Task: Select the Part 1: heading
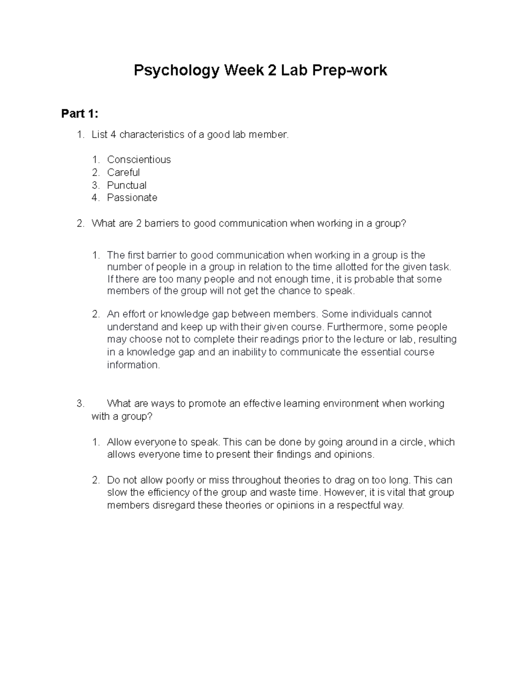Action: point(79,114)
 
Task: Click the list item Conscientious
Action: point(139,160)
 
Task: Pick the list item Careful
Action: point(123,172)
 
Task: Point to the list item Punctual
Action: point(127,185)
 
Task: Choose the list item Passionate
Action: point(132,198)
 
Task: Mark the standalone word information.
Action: point(133,365)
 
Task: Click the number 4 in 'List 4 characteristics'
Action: point(113,135)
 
